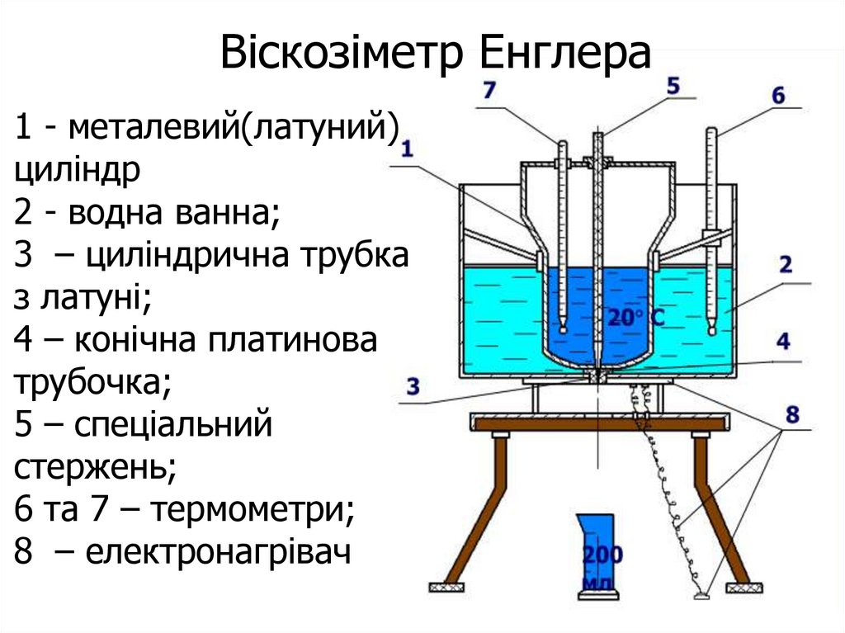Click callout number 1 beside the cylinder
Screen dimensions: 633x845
407,149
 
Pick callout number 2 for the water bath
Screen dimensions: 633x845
785,265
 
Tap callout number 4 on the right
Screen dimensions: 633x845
783,340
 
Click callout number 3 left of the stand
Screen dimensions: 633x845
413,385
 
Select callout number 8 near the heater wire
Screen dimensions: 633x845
792,414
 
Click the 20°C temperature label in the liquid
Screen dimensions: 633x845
635,317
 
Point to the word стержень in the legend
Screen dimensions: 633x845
95,468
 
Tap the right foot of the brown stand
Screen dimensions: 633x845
737,587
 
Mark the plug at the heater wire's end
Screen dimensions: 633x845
702,591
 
